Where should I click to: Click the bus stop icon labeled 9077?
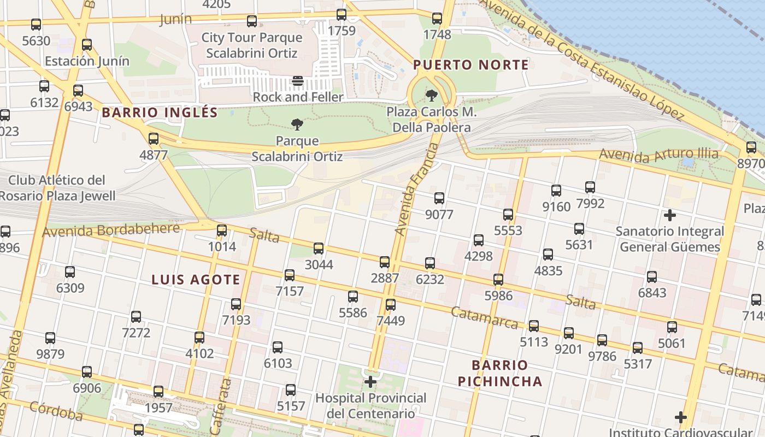click(439, 198)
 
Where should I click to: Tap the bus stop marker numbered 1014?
click(221, 231)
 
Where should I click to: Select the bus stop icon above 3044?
click(319, 249)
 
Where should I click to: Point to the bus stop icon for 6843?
click(652, 277)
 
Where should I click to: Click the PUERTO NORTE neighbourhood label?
click(471, 65)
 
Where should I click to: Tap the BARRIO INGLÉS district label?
click(160, 113)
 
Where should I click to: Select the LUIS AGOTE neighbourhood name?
click(196, 280)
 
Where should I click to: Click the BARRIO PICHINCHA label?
click(500, 373)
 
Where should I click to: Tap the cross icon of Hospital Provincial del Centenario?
click(371, 381)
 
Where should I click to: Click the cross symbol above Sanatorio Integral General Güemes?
click(669, 215)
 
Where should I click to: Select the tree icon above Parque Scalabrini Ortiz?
click(297, 125)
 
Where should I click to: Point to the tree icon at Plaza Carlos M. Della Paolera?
click(432, 96)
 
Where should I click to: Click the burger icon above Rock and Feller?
click(298, 81)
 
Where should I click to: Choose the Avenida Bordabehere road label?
click(111, 230)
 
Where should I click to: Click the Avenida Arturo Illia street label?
click(658, 155)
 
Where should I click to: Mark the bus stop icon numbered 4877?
click(154, 139)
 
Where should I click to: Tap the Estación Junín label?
click(87, 61)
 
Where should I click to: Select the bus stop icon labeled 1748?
click(437, 19)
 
